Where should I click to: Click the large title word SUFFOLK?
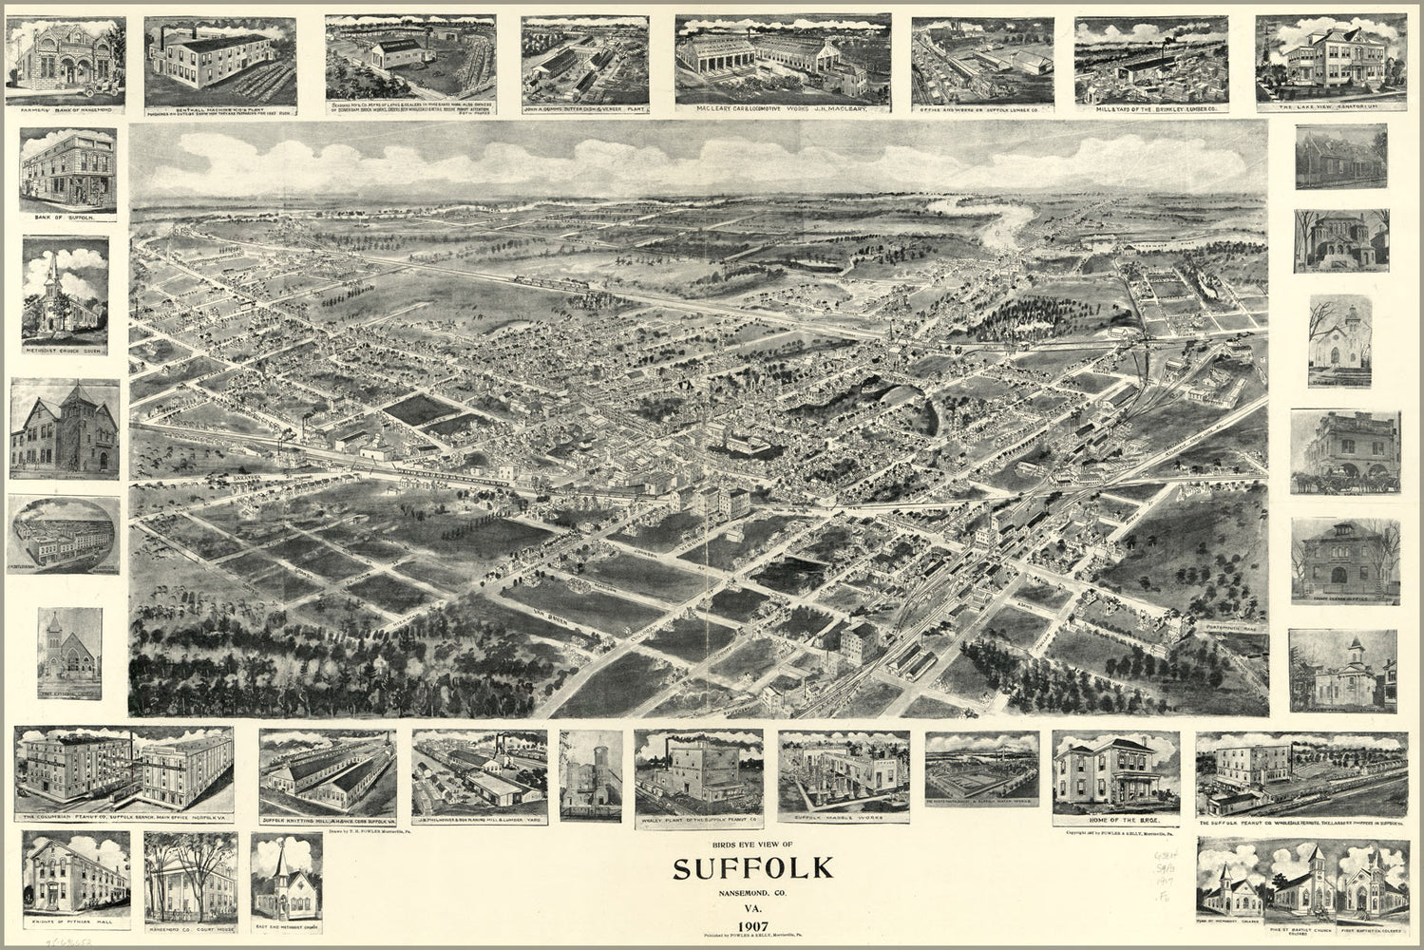(753, 868)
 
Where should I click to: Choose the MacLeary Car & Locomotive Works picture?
(782, 59)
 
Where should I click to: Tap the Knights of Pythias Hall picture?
(76, 874)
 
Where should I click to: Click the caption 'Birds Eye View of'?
(752, 845)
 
